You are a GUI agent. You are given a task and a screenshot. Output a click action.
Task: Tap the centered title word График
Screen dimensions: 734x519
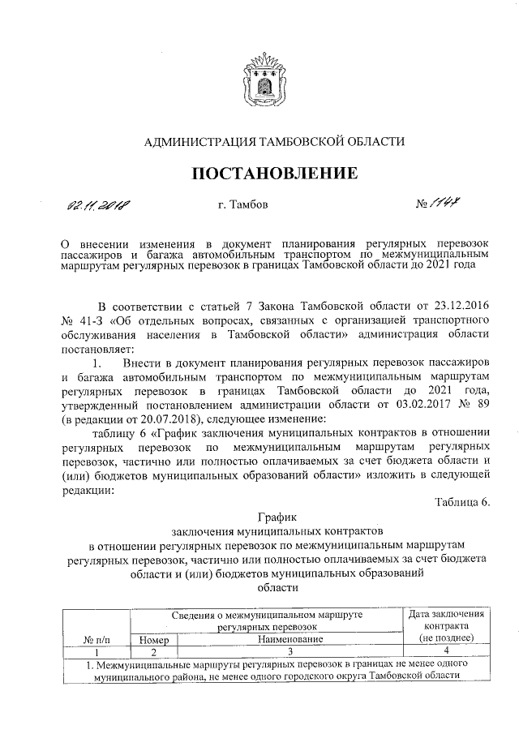click(277, 515)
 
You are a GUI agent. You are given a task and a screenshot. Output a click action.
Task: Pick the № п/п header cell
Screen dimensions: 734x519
click(97, 640)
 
